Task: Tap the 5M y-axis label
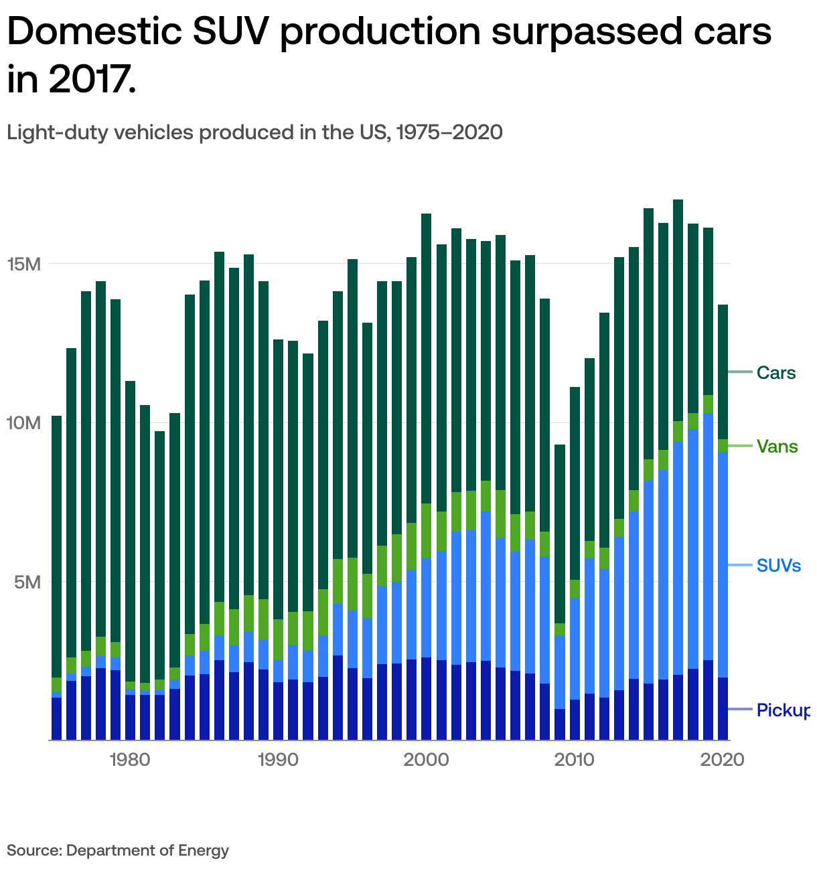(x=29, y=582)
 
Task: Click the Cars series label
(x=776, y=373)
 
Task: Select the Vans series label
(x=777, y=447)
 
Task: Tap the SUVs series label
(x=778, y=566)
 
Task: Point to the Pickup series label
(x=783, y=710)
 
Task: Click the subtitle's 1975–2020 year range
(x=449, y=132)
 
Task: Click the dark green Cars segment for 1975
(x=57, y=546)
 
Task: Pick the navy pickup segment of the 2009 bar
(x=560, y=724)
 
